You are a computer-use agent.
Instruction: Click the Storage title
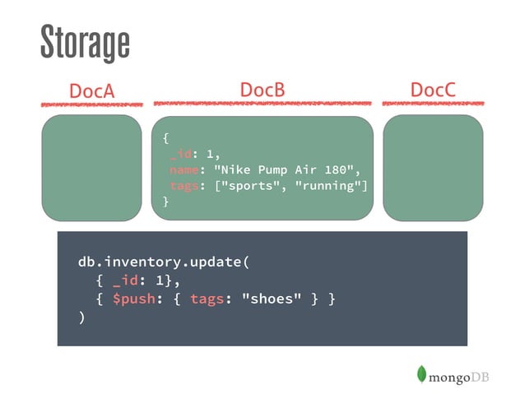pyautogui.click(x=85, y=43)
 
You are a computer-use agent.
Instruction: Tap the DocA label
pyautogui.click(x=91, y=90)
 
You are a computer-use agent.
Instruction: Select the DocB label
pyautogui.click(x=262, y=90)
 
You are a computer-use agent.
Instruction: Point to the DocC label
pyautogui.click(x=433, y=90)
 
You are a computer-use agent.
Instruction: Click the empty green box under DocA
pyautogui.click(x=91, y=168)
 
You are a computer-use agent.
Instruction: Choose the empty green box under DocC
pyautogui.click(x=433, y=168)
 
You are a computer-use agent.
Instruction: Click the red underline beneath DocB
pyautogui.click(x=262, y=104)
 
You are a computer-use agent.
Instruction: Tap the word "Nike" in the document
pyautogui.click(x=235, y=169)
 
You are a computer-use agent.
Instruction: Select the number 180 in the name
pyautogui.click(x=336, y=169)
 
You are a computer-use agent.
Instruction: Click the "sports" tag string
pyautogui.click(x=249, y=185)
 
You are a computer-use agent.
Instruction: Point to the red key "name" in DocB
pyautogui.click(x=184, y=170)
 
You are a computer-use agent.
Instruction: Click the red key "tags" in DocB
pyautogui.click(x=184, y=186)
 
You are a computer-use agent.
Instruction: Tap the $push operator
pyautogui.click(x=134, y=299)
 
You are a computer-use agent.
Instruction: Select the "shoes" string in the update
pyautogui.click(x=272, y=299)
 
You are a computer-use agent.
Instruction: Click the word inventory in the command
pyautogui.click(x=143, y=262)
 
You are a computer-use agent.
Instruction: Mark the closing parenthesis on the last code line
pyautogui.click(x=81, y=317)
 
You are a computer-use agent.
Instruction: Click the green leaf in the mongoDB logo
pyautogui.click(x=421, y=374)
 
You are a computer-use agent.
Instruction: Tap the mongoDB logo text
pyautogui.click(x=458, y=378)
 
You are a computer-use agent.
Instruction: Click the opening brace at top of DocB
pyautogui.click(x=165, y=138)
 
